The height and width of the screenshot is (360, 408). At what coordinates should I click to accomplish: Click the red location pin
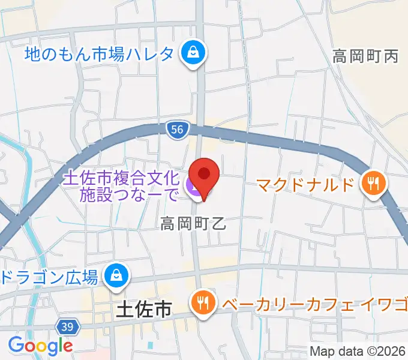(204, 175)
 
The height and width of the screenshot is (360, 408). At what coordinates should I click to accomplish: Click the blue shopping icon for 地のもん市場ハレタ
(194, 54)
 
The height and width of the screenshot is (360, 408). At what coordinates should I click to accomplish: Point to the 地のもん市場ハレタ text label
(100, 55)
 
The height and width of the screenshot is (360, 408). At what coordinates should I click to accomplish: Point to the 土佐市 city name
(142, 310)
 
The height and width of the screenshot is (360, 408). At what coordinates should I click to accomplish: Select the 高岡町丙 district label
(365, 57)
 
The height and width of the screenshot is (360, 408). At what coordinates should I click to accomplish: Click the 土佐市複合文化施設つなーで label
(121, 186)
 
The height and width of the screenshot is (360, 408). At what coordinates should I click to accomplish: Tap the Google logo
(40, 346)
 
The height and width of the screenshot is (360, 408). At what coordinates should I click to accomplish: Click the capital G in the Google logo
(16, 345)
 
